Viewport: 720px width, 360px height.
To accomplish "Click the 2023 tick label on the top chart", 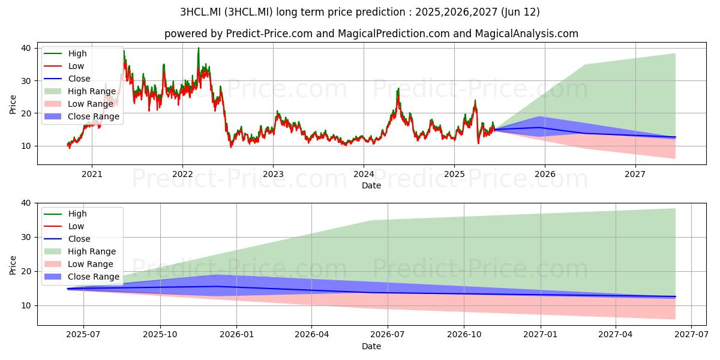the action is tap(273, 174).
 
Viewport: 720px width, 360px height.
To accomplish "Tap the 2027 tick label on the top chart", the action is tap(635, 174).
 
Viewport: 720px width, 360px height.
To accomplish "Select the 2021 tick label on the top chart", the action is tap(92, 174).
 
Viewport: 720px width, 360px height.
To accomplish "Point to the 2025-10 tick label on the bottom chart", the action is tap(160, 335).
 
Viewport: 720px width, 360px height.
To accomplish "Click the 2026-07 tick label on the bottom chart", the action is tap(388, 335).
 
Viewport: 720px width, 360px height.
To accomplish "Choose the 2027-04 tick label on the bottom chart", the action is tap(615, 335).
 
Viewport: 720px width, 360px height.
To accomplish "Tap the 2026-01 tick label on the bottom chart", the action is tap(236, 335).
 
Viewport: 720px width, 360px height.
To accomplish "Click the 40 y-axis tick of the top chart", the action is tap(26, 48).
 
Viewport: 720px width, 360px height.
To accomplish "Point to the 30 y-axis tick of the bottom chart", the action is tap(26, 237).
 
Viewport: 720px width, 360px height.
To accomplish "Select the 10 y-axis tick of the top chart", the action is tap(26, 146).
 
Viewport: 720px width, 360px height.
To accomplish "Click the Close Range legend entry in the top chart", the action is tap(82, 116).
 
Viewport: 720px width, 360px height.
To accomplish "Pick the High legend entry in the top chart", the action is tap(65, 53).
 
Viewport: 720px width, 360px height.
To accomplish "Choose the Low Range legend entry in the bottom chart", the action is tap(79, 264).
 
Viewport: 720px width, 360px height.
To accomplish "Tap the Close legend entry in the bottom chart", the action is tap(67, 239).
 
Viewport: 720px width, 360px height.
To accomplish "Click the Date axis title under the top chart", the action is tap(371, 185).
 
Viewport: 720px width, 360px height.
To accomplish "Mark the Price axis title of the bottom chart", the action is tap(13, 265).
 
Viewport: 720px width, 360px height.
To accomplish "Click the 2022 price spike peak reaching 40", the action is tap(199, 48).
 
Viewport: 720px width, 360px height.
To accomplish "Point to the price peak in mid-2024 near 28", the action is tap(398, 88).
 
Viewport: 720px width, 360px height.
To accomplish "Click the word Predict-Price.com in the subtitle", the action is tap(269, 34).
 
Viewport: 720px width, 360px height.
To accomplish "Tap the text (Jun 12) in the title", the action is tap(520, 12).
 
